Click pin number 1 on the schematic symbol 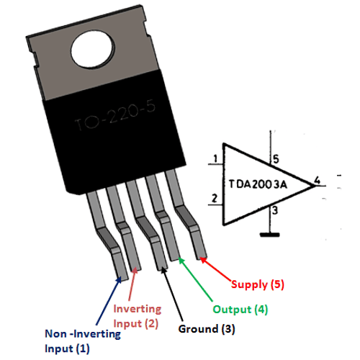[215, 160]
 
